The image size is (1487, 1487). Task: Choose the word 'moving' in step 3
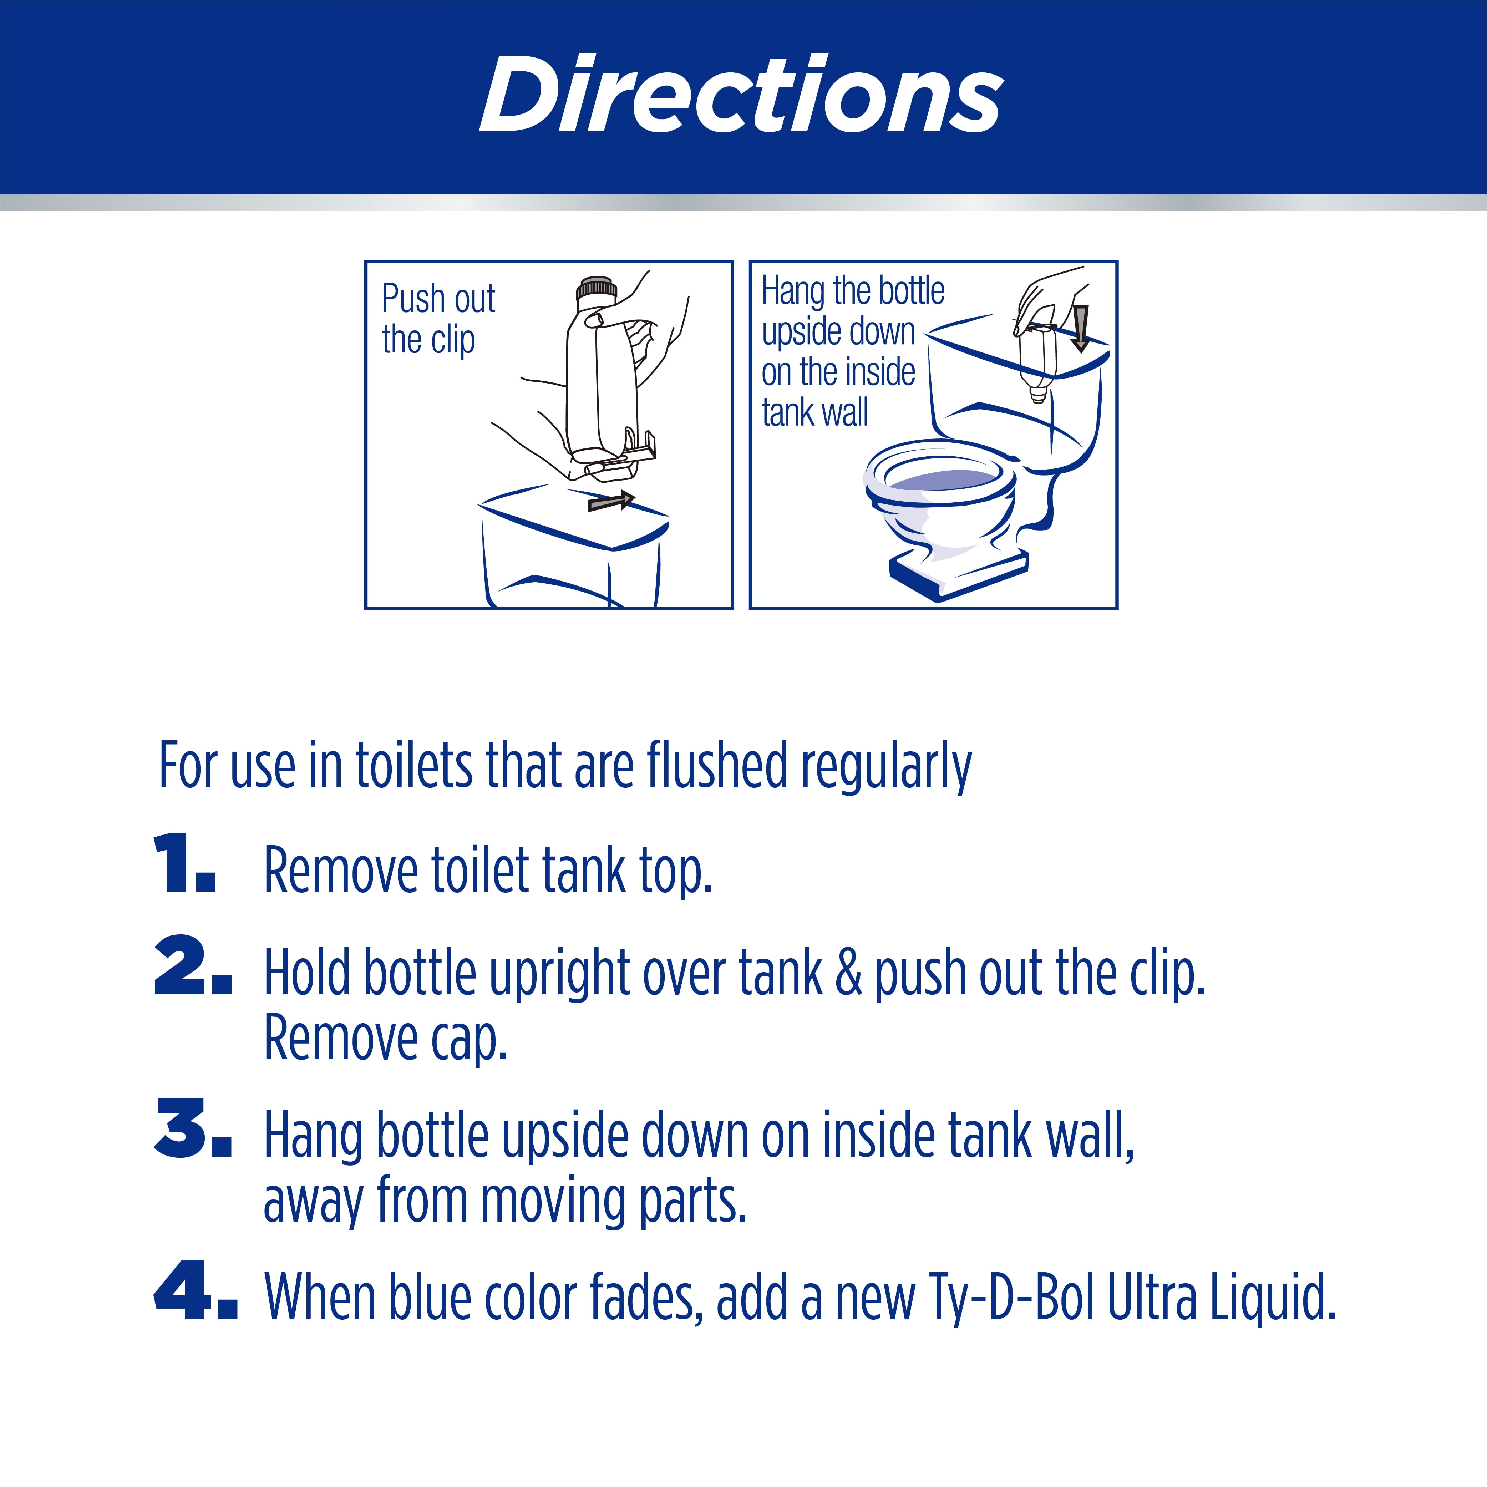click(x=553, y=1201)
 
